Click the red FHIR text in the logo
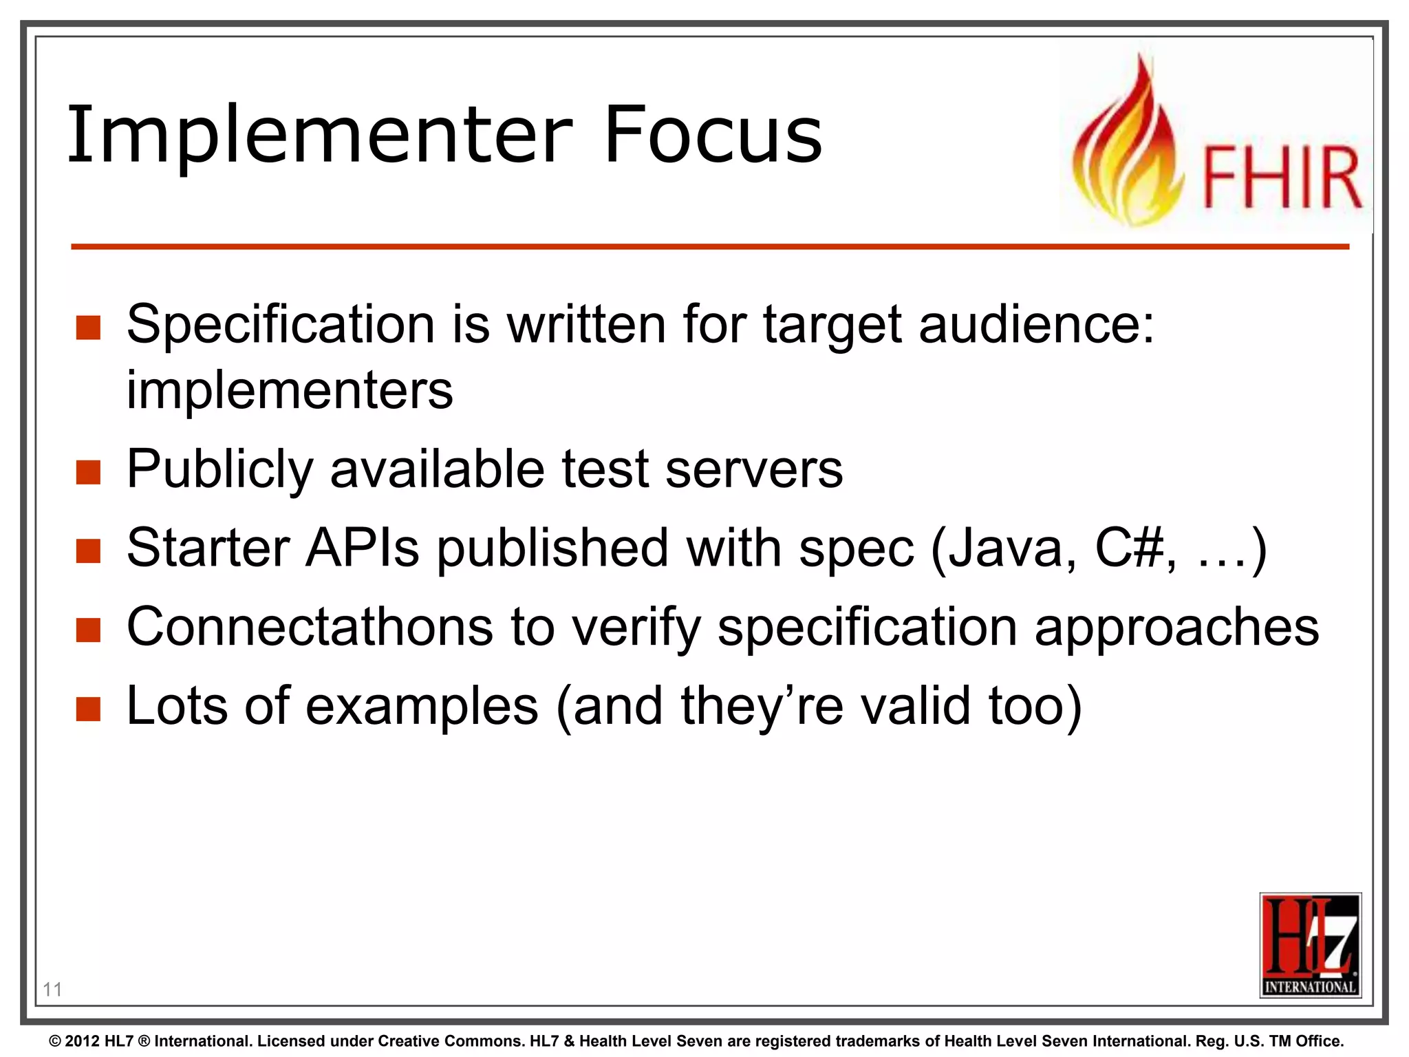[x=1281, y=177]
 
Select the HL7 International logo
[x=1310, y=945]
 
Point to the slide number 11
[x=52, y=990]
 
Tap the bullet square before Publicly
[x=89, y=472]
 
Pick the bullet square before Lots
[x=89, y=709]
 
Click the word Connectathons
[x=310, y=627]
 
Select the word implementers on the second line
[x=290, y=390]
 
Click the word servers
[x=754, y=469]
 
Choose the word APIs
[x=362, y=548]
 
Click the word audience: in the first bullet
[x=1036, y=324]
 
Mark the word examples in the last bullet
[x=422, y=706]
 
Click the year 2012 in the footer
[x=82, y=1041]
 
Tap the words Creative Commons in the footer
[x=449, y=1041]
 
